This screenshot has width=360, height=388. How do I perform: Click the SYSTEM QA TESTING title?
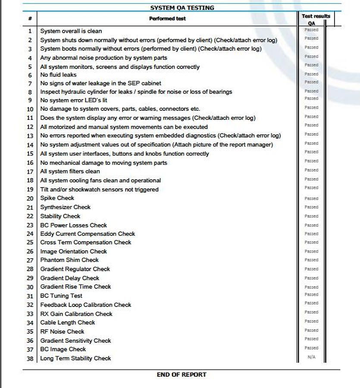click(182, 8)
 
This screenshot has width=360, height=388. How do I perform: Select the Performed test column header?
click(167, 19)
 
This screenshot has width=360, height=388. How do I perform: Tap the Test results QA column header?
click(315, 19)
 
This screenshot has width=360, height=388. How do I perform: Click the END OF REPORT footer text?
click(182, 375)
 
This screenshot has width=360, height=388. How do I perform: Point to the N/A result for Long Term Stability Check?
click(311, 357)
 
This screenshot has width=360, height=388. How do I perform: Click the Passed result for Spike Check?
click(311, 198)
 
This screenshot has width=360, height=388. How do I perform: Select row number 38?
click(30, 359)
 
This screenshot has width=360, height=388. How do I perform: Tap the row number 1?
click(30, 31)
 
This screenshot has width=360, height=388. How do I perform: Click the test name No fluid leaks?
click(58, 75)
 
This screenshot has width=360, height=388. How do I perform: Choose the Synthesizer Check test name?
click(65, 207)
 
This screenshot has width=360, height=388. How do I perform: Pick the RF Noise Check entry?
click(62, 332)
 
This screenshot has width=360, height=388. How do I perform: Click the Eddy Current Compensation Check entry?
click(88, 234)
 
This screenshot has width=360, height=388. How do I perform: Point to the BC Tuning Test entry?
click(61, 296)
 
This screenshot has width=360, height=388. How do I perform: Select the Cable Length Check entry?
click(68, 322)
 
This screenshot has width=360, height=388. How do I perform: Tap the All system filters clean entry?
click(70, 171)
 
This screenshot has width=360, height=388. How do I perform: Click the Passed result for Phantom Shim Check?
click(311, 260)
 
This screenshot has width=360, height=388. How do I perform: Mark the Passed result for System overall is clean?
click(311, 30)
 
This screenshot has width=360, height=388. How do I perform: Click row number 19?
click(30, 190)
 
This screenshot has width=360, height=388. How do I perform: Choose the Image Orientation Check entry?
click(73, 251)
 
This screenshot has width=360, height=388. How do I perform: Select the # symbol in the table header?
click(30, 19)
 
